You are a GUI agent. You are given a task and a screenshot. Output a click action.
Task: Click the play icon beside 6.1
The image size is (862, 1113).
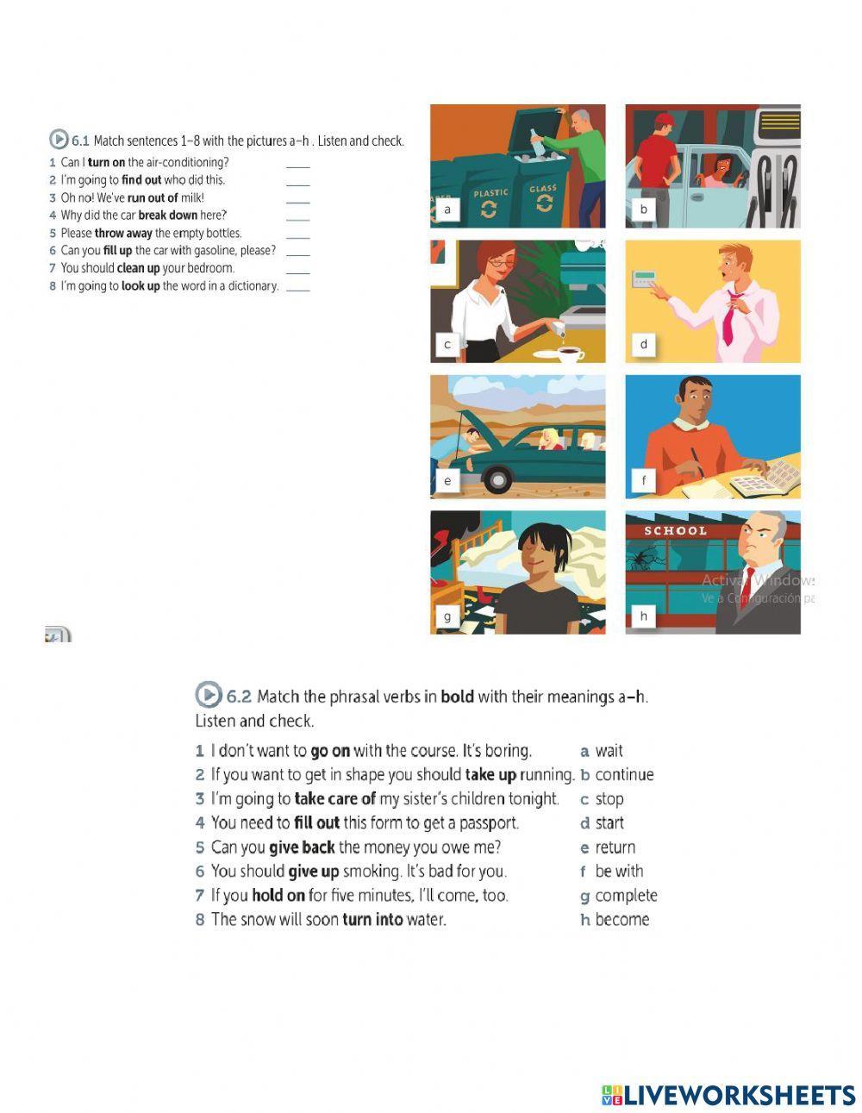tap(58, 140)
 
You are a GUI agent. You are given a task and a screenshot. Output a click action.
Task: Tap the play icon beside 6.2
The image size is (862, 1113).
tap(208, 695)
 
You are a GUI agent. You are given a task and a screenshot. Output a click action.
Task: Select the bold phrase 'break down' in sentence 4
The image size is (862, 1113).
tap(167, 216)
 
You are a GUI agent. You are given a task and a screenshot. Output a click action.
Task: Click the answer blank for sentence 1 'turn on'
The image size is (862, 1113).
tap(297, 164)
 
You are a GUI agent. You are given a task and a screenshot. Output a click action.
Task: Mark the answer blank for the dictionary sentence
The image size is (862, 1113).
tap(297, 287)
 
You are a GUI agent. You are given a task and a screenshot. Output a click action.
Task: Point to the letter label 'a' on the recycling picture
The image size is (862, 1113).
tap(447, 209)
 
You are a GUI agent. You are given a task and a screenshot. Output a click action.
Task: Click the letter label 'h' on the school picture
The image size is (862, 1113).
tap(642, 616)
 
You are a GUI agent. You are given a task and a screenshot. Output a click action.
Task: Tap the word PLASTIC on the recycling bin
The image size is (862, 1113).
tap(490, 193)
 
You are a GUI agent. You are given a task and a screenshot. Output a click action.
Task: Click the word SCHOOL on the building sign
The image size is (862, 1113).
tap(675, 531)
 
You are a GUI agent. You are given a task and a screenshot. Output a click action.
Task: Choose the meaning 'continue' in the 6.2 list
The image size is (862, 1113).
tap(624, 775)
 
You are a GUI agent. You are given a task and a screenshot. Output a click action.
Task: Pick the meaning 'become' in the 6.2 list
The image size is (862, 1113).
tap(622, 920)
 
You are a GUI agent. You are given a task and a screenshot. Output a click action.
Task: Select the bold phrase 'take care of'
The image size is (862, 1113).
tap(334, 799)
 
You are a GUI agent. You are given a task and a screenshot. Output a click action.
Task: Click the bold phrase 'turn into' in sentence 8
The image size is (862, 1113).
tap(372, 920)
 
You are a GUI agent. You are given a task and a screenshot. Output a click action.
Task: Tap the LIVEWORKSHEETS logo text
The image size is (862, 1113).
tap(739, 1096)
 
